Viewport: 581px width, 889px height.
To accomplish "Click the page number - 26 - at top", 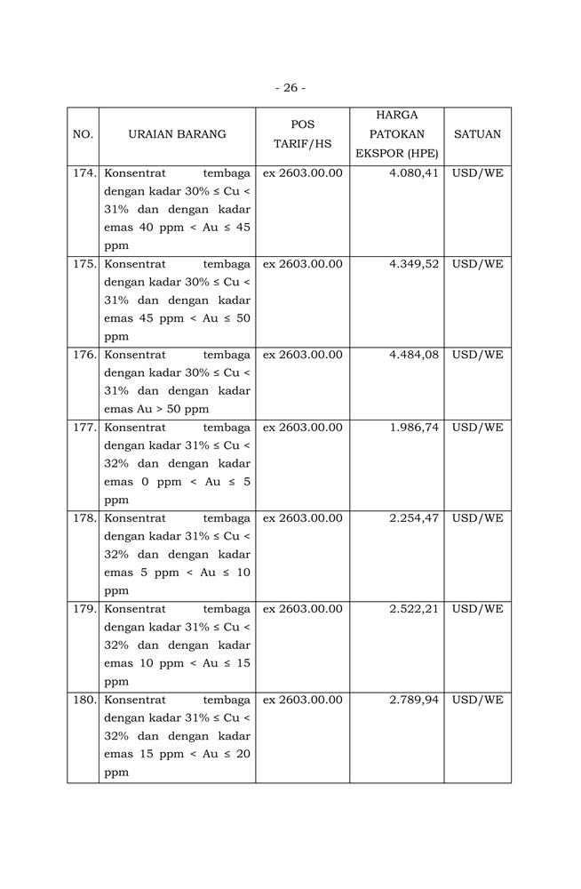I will [290, 87].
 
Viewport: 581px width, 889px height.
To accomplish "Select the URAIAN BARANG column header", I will [177, 134].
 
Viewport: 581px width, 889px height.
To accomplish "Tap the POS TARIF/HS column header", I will [302, 134].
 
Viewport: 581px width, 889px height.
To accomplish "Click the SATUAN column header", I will [477, 134].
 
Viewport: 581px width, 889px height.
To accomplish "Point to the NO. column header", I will [83, 134].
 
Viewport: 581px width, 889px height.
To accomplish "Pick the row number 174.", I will [84, 173].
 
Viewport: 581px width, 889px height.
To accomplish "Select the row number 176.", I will [84, 355].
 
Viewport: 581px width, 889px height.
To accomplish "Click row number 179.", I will [84, 609].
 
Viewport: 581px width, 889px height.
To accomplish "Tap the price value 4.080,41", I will [414, 173].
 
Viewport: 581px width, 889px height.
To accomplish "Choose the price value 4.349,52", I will [414, 264].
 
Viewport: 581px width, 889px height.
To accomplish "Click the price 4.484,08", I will [414, 355].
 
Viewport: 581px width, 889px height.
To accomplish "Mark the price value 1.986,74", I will [414, 428].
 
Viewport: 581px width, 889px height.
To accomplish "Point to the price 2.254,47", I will [414, 518].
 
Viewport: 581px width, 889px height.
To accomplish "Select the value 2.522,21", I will [414, 609].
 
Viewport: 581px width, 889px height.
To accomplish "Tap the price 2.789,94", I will [414, 700].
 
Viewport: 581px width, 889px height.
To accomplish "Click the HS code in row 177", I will [302, 428].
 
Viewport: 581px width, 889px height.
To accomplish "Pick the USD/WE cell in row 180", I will [477, 700].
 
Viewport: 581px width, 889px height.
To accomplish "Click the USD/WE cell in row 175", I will [477, 264].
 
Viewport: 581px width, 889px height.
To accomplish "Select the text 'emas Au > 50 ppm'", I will [156, 409].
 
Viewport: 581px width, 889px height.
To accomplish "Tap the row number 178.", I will [84, 518].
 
